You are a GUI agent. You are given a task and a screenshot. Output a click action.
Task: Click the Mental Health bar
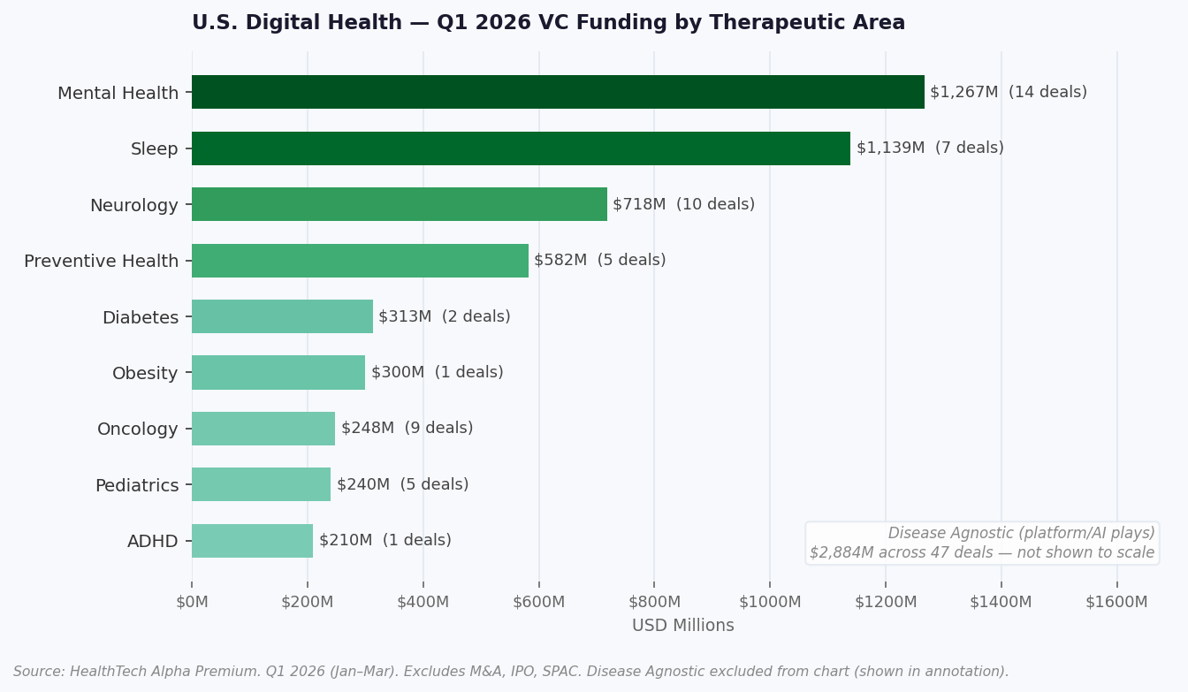point(558,92)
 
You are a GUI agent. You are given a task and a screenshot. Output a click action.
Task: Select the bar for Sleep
point(521,148)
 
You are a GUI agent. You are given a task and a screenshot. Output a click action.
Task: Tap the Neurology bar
point(400,204)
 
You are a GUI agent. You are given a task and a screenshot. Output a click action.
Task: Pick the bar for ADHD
point(252,541)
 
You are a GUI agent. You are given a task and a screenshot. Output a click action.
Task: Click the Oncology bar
point(263,429)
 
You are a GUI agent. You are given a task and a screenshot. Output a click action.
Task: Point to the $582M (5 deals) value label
point(599,261)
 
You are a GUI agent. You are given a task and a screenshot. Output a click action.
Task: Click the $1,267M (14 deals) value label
point(1008,92)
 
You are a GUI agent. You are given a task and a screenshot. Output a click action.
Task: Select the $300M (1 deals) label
point(437,373)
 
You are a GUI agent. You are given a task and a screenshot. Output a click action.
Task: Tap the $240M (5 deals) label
point(402,484)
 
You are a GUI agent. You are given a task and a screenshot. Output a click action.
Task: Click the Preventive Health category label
point(101,262)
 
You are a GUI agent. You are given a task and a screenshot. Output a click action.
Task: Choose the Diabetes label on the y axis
point(140,317)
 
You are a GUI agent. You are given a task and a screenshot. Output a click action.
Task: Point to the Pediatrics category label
point(136,485)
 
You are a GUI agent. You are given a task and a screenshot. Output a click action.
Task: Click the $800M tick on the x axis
point(654,602)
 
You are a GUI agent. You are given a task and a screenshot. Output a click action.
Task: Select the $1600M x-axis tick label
point(1116,602)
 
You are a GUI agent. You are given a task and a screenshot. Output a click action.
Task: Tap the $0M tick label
point(192,602)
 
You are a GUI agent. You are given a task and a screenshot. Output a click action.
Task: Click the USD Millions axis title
point(682,626)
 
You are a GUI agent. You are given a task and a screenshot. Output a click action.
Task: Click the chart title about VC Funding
point(548,23)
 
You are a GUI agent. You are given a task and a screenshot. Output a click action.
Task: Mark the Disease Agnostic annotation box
point(981,543)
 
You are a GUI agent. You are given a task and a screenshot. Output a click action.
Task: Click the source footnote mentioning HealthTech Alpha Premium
point(511,672)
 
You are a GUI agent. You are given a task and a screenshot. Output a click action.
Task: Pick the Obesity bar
point(278,373)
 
